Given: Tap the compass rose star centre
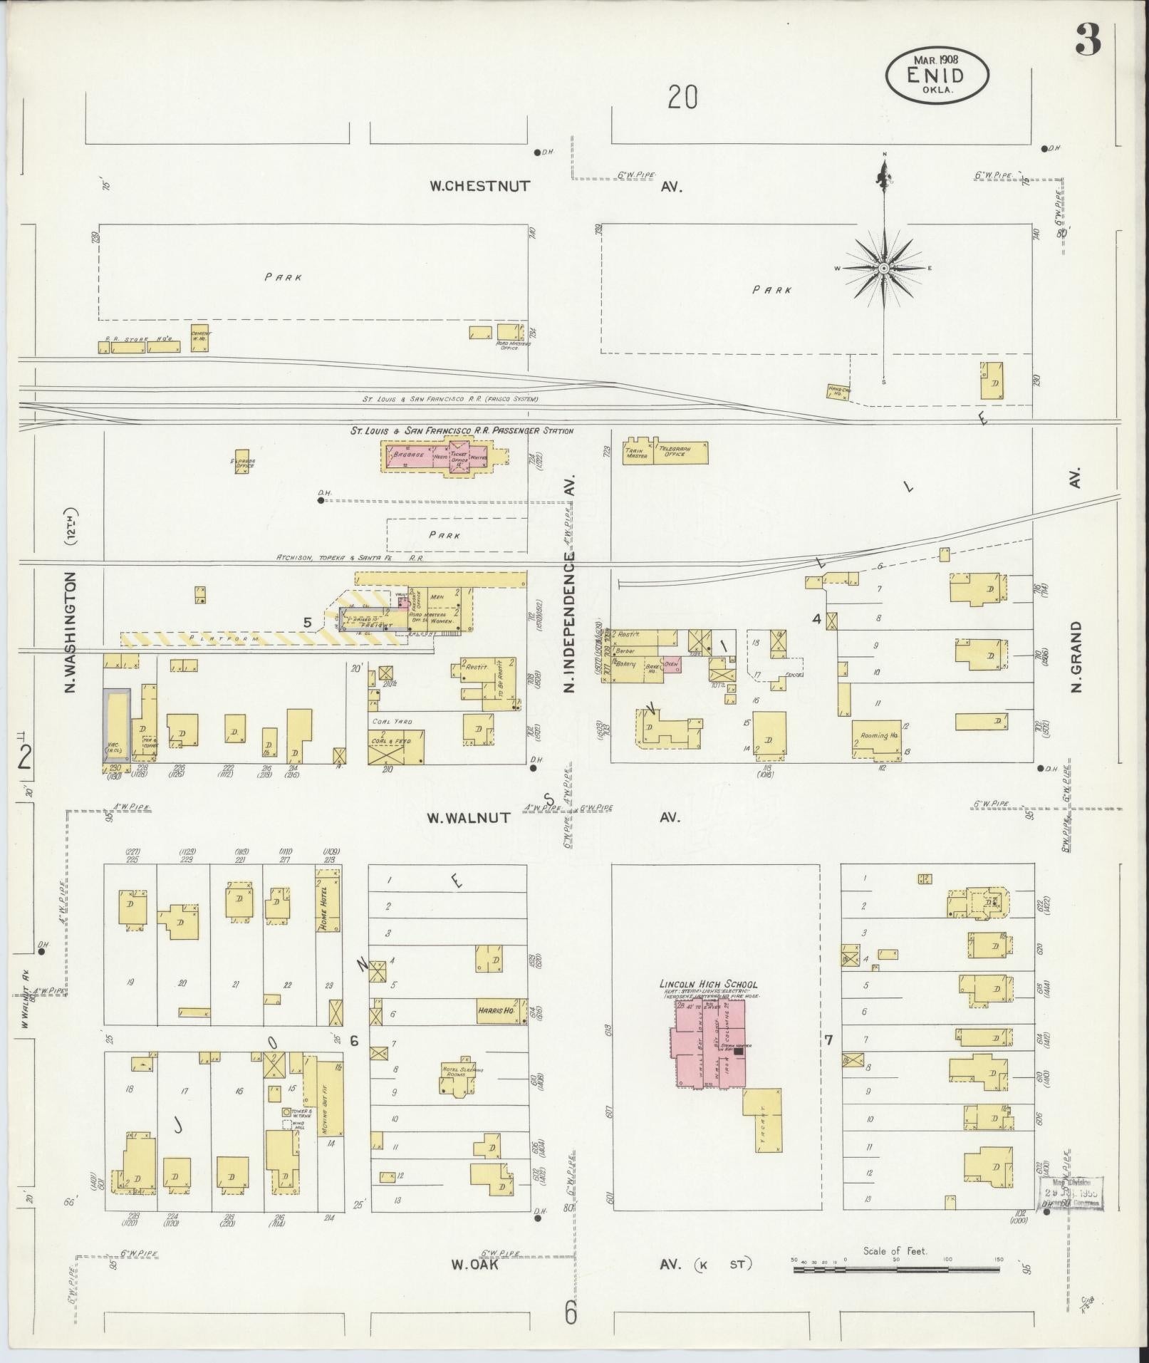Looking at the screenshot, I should coord(883,268).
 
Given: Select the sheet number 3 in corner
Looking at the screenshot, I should coord(1088,40).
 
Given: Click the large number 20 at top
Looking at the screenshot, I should coord(682,98).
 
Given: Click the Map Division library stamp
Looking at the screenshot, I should coord(1068,1193).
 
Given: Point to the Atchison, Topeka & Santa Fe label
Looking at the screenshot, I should coord(349,558).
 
